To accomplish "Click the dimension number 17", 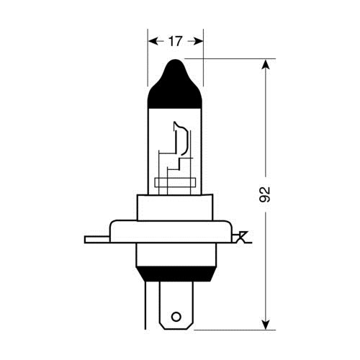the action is (176, 41).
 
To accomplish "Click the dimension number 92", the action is (265, 194).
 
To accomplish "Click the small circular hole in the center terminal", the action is (176, 317).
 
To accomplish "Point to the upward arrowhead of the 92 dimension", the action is (266, 64).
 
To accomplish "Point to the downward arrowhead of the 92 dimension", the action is (266, 324).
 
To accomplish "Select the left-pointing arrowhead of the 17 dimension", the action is (153, 41).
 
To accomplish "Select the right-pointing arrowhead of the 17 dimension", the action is (198, 41).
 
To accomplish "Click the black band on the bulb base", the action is (176, 274).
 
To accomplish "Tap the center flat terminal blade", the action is (176, 305).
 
